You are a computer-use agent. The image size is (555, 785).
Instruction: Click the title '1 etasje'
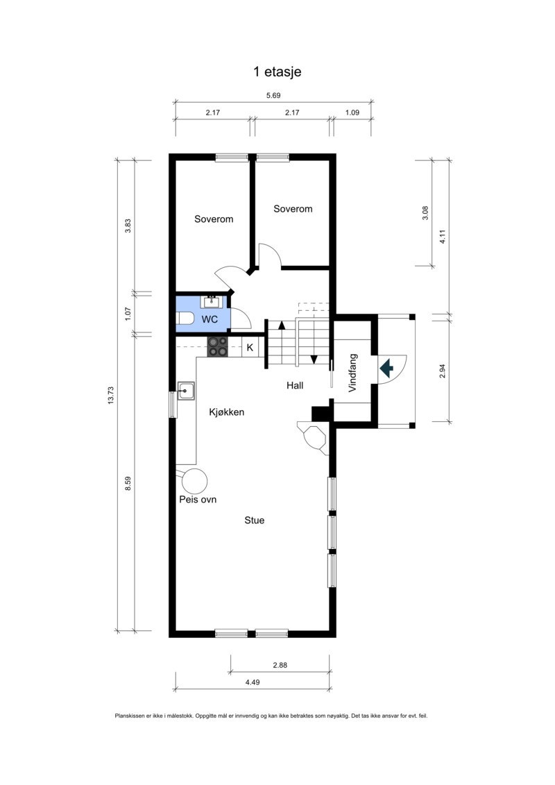point(277,71)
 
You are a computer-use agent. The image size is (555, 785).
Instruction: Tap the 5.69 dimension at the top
point(273,96)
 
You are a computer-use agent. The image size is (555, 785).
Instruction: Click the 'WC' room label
point(210,319)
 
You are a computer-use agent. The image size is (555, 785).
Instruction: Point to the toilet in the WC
point(185,319)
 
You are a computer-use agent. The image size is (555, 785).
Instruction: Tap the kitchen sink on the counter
point(185,391)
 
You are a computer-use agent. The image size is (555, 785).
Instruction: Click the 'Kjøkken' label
point(227,412)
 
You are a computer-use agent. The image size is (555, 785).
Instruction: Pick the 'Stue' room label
point(254,520)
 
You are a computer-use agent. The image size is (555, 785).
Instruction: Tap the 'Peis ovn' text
point(198,499)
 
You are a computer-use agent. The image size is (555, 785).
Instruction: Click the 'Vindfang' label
point(352,373)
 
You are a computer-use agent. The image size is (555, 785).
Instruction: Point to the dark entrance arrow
point(387,366)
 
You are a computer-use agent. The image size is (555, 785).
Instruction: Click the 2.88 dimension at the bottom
point(280,665)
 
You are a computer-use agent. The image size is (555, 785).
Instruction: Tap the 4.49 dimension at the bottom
point(253,683)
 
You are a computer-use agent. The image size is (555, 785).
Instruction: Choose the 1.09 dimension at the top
point(352,112)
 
